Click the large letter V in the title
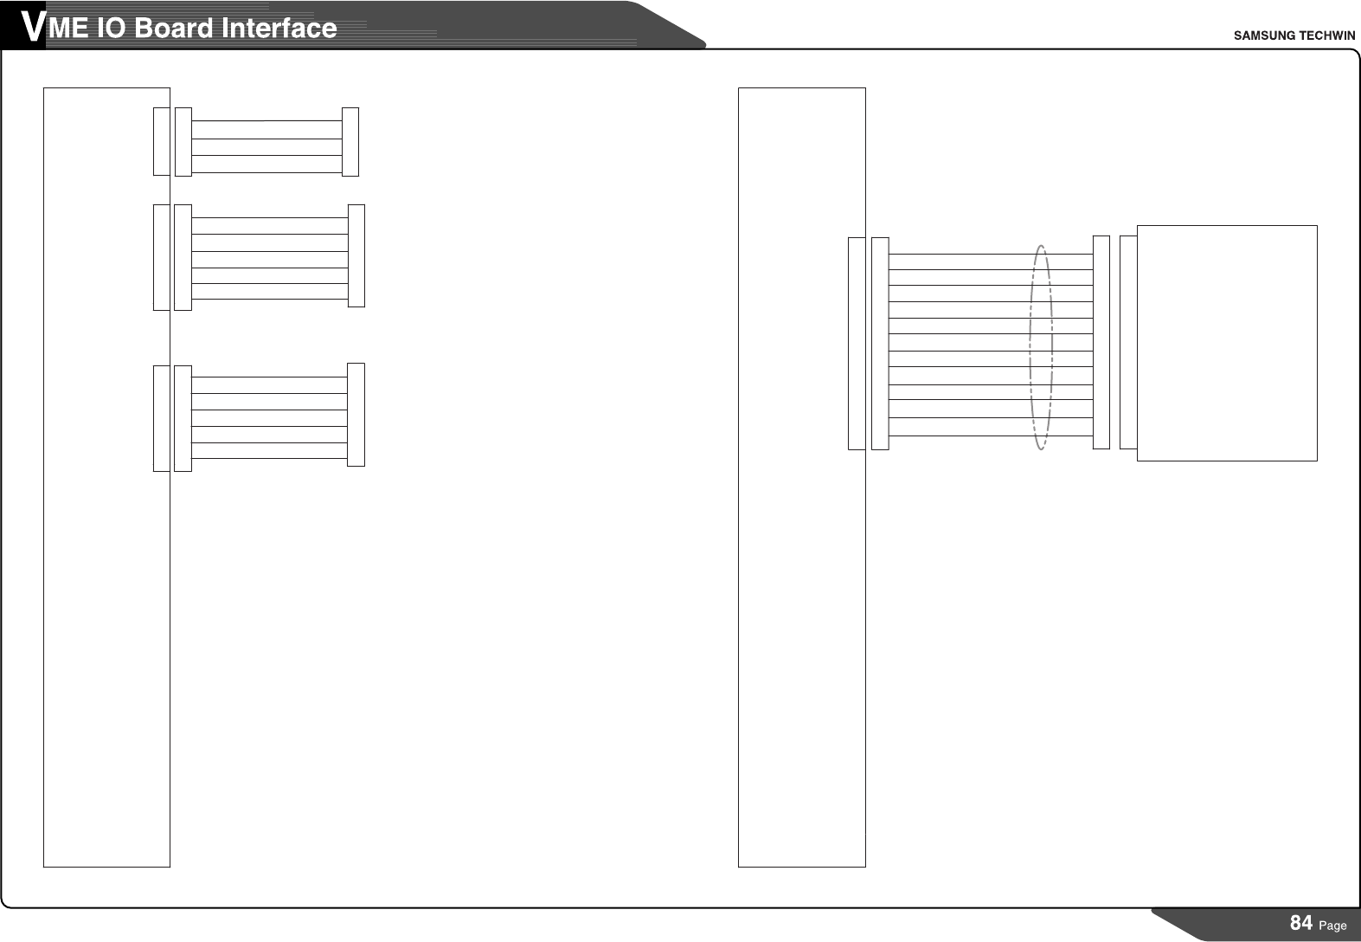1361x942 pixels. coord(32,28)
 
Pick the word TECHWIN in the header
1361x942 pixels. coord(1325,35)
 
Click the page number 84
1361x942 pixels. coord(1300,923)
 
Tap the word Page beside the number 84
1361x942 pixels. coord(1333,926)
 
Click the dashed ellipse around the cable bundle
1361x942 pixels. coord(1030,346)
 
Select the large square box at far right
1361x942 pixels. coord(1226,343)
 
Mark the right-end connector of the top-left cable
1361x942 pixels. coord(350,142)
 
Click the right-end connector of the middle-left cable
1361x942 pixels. coord(356,255)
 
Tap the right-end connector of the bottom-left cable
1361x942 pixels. coord(356,415)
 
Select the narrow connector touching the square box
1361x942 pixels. coord(1127,342)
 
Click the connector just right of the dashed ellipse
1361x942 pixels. coord(1101,342)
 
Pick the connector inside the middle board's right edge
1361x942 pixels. coord(857,344)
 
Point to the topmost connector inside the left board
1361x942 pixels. coord(161,142)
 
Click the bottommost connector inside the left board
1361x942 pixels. coord(161,418)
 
